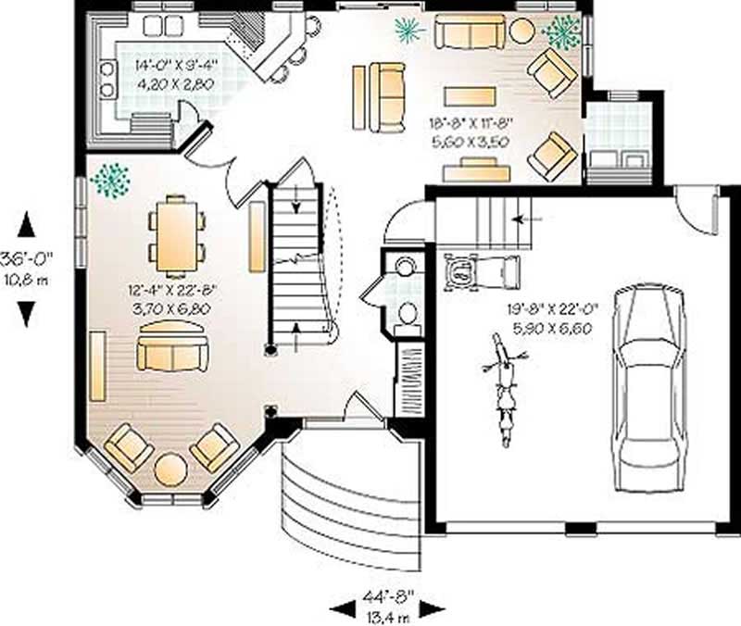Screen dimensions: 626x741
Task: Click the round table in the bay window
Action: [170, 469]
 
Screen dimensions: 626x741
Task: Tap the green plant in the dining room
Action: [110, 180]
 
